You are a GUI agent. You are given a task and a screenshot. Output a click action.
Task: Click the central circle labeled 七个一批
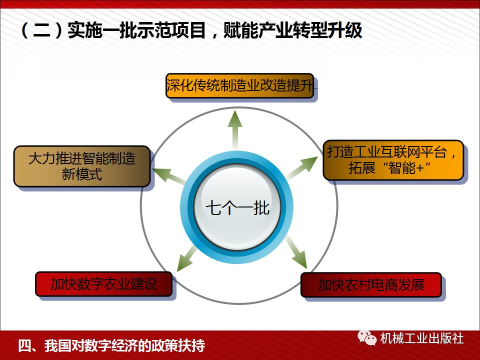(237, 208)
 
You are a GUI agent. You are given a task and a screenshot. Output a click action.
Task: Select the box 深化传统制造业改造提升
(241, 86)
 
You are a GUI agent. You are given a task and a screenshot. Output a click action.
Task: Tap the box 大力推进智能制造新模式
(82, 166)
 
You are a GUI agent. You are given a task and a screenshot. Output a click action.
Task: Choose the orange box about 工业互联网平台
(392, 160)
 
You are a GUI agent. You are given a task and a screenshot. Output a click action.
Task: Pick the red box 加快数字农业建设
(103, 284)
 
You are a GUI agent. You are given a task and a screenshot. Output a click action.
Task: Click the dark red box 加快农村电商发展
(370, 285)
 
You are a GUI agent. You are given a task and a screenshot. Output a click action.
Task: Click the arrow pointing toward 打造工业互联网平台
(303, 167)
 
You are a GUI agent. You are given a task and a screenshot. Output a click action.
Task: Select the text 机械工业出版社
(421, 338)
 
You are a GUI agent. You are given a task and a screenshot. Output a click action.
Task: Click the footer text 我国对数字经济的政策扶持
(124, 345)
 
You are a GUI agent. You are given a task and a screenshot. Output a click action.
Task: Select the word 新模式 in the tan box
(82, 174)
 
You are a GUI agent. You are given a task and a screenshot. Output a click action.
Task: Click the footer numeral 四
(24, 345)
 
